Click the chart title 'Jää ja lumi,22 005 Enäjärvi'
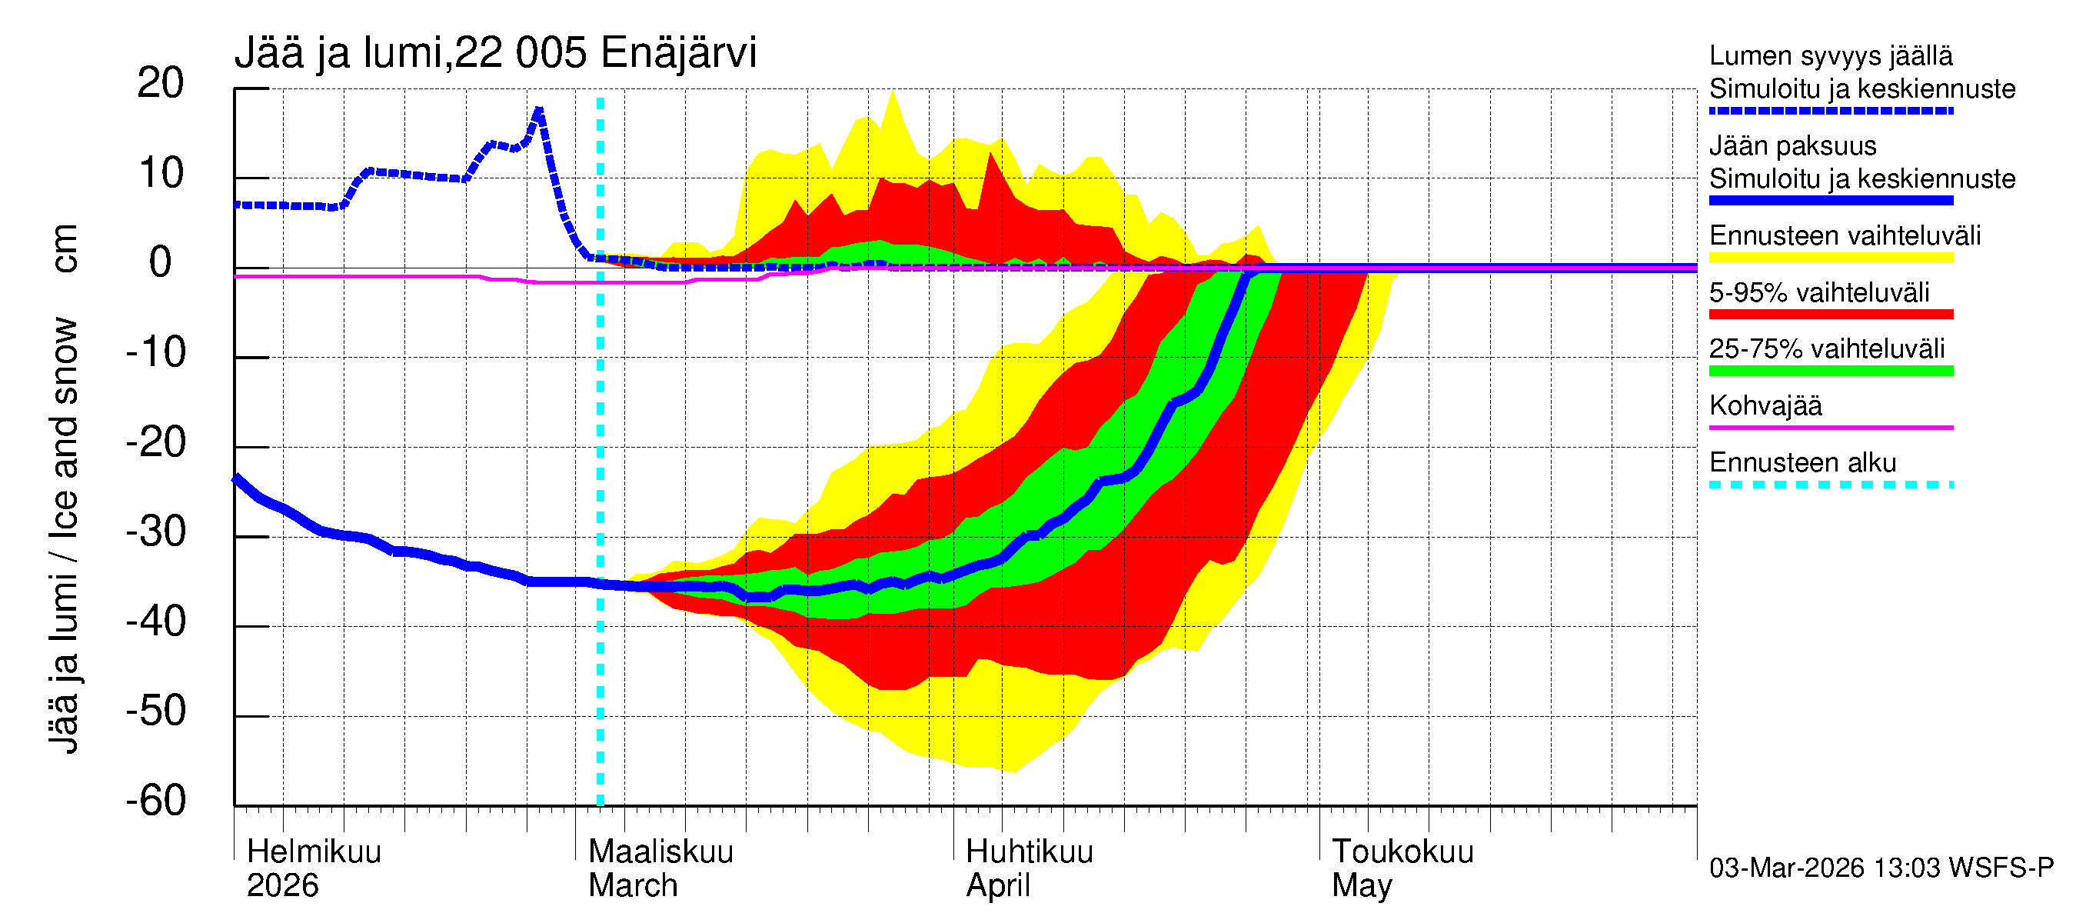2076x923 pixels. point(495,53)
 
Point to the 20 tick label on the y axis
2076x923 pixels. point(161,83)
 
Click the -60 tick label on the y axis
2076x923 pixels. point(155,801)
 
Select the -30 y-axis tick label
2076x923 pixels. point(155,532)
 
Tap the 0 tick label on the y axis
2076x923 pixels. point(161,263)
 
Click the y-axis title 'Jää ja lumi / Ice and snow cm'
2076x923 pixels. point(64,488)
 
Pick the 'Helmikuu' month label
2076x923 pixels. point(314,851)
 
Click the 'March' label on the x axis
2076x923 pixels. point(633,885)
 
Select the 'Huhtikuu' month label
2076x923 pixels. point(1029,851)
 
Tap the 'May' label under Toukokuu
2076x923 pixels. point(1361,885)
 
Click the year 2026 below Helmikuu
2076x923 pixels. point(282,885)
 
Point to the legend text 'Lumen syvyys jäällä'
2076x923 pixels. point(1831,55)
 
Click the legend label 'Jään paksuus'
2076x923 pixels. point(1793,146)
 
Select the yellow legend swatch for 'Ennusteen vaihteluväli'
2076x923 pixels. point(1831,258)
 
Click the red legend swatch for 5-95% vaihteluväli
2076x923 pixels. point(1831,315)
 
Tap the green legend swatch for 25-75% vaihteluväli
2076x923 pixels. point(1831,371)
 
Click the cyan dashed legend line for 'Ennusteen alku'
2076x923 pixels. point(1831,485)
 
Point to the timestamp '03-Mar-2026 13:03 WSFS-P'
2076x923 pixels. point(1881,868)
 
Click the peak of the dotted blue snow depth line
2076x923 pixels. point(538,111)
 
